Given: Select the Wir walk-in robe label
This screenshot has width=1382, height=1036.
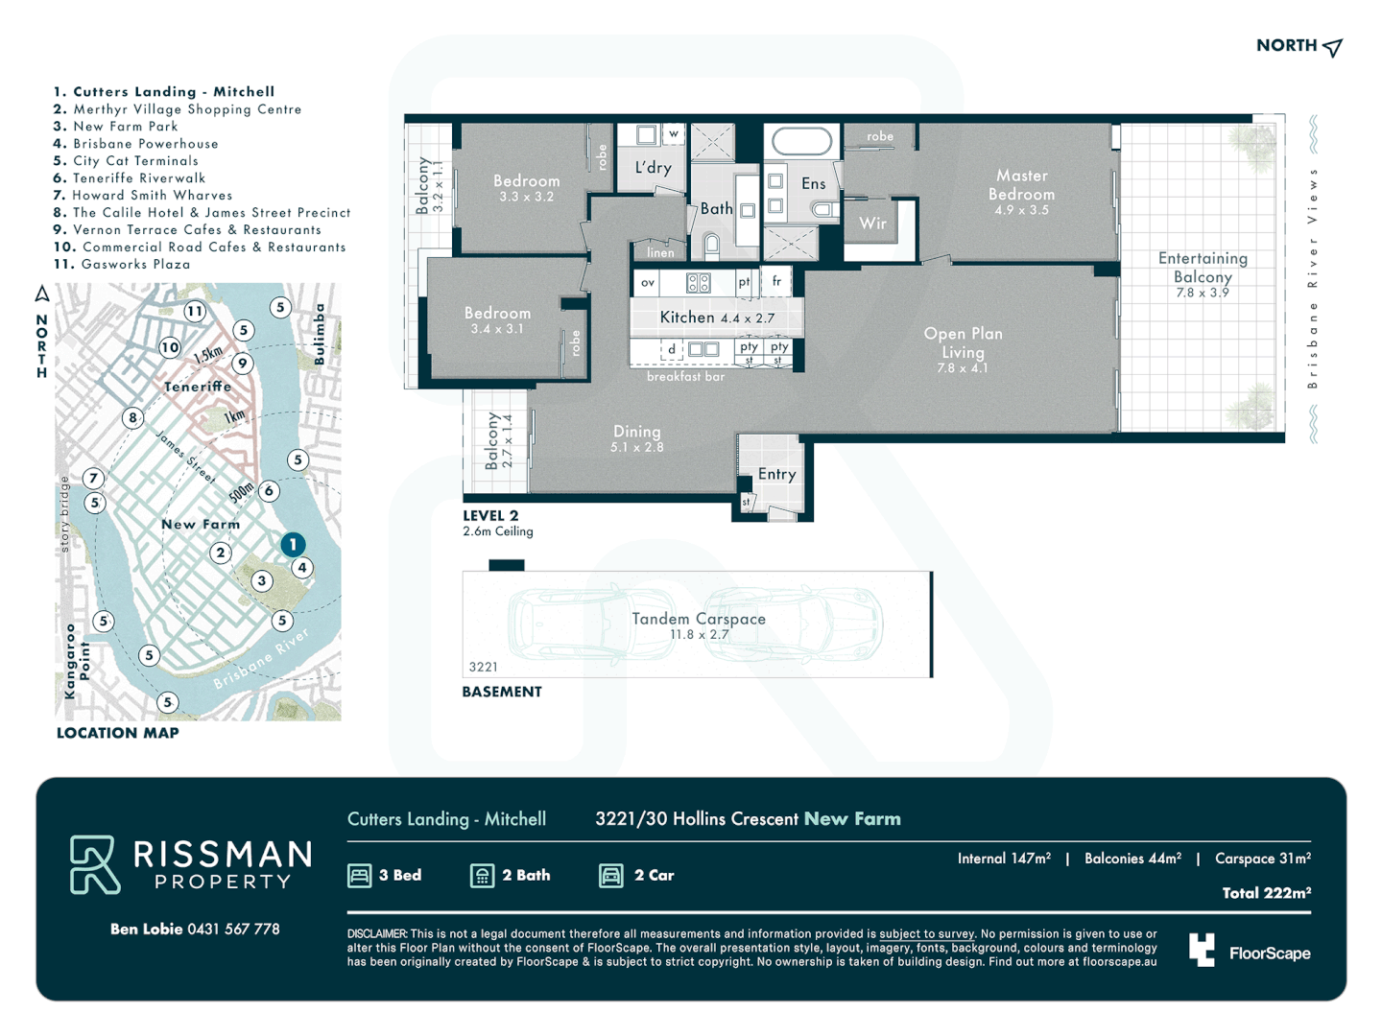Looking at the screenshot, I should (872, 224).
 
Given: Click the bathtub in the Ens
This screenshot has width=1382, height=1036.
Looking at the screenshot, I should (802, 142).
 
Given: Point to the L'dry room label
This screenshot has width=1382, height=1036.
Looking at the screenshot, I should (653, 168).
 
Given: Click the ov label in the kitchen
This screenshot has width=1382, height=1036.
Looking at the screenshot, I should (648, 283).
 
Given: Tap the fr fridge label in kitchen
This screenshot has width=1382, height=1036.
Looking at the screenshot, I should (776, 282).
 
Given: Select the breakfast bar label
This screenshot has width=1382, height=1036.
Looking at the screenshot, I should (685, 377).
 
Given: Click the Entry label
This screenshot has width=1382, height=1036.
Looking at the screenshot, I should (776, 474).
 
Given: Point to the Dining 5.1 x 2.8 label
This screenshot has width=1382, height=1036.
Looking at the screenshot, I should (636, 437).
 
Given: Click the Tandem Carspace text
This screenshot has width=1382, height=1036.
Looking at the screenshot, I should (699, 620).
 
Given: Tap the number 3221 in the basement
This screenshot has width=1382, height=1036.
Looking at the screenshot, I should (483, 667).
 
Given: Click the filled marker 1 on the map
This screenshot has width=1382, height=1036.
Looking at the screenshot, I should (293, 544).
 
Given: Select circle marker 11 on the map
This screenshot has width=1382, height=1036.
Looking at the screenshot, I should (195, 311).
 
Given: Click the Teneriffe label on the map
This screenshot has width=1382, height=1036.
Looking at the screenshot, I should (197, 387).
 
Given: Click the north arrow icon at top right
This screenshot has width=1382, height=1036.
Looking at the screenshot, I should (1332, 47).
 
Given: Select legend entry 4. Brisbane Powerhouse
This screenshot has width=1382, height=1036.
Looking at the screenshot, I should (135, 144).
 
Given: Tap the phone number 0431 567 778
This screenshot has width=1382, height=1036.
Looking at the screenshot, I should (233, 929).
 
